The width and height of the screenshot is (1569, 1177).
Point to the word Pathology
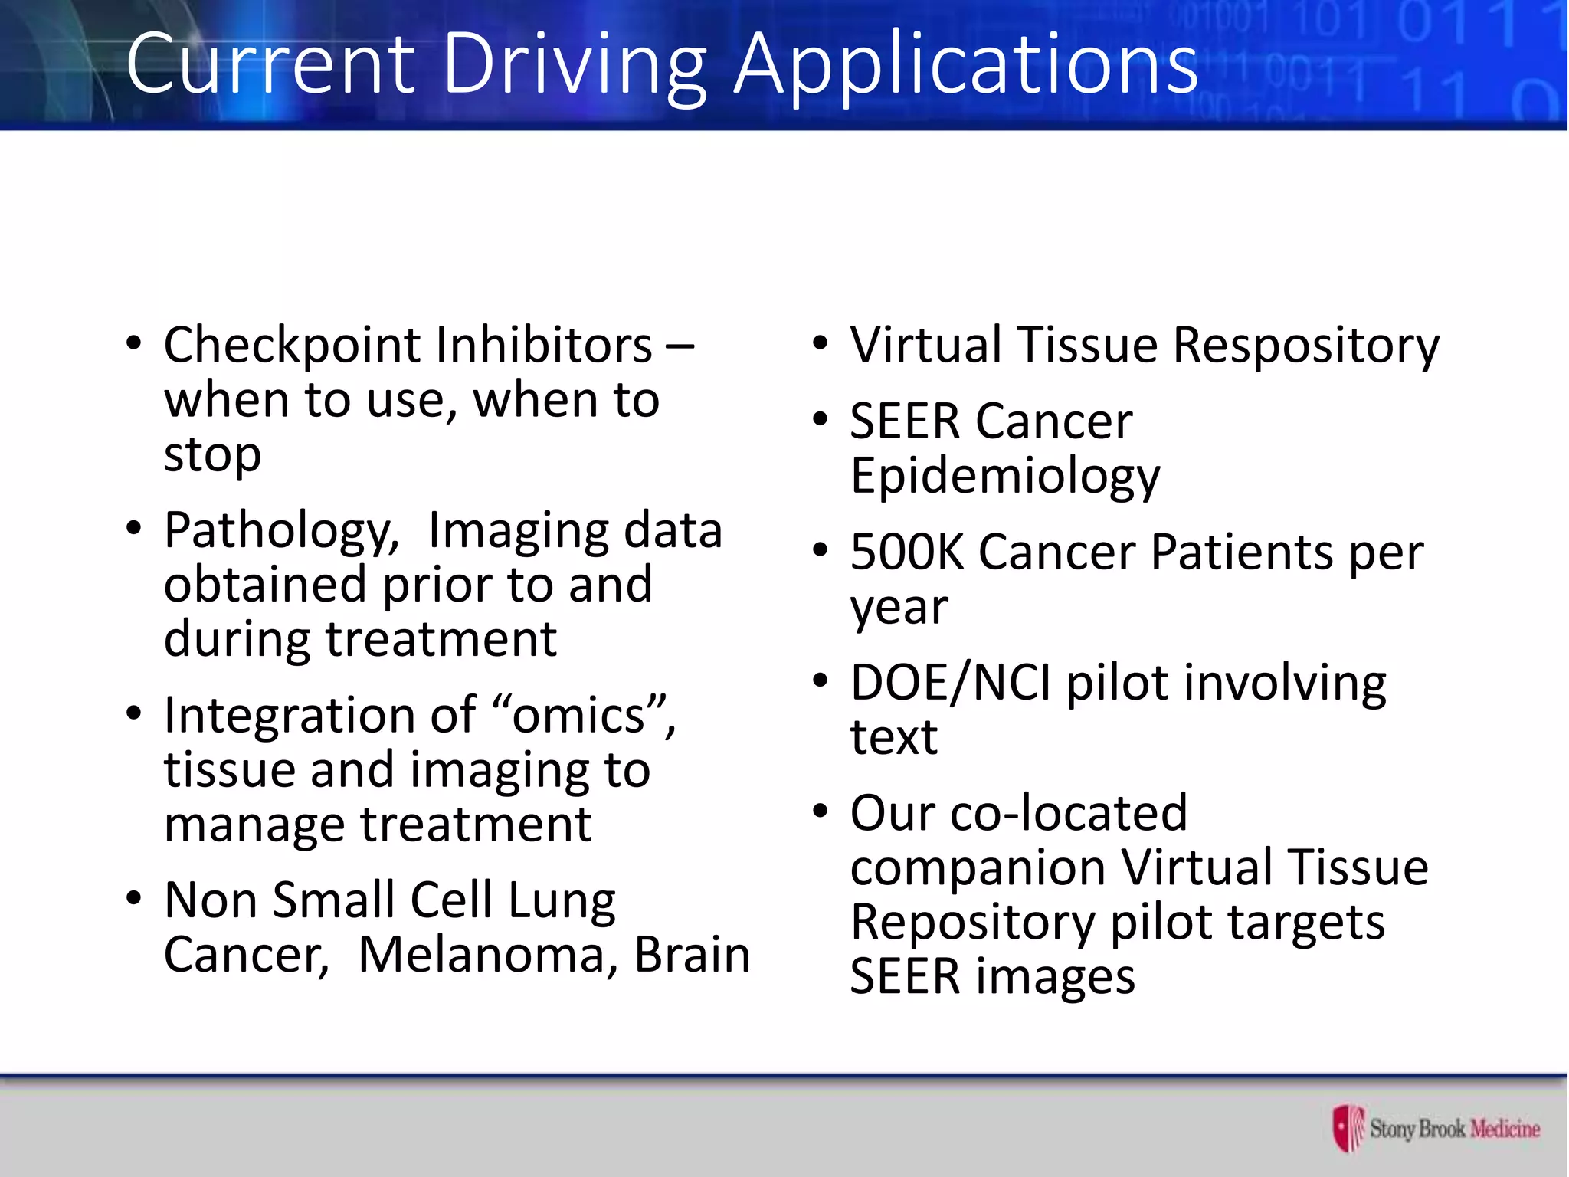[280, 531]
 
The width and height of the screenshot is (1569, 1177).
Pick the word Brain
[692, 955]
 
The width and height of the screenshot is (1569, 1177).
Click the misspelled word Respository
[1306, 346]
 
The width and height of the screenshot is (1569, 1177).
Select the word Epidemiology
[1005, 477]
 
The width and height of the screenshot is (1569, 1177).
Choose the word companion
[978, 867]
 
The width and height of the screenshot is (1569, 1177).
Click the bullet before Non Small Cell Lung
[134, 898]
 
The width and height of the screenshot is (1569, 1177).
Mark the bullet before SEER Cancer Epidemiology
[821, 419]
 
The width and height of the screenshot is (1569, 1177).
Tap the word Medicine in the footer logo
[1505, 1129]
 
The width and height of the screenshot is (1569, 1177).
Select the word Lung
[562, 901]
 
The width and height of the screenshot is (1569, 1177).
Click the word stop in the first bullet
[212, 455]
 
